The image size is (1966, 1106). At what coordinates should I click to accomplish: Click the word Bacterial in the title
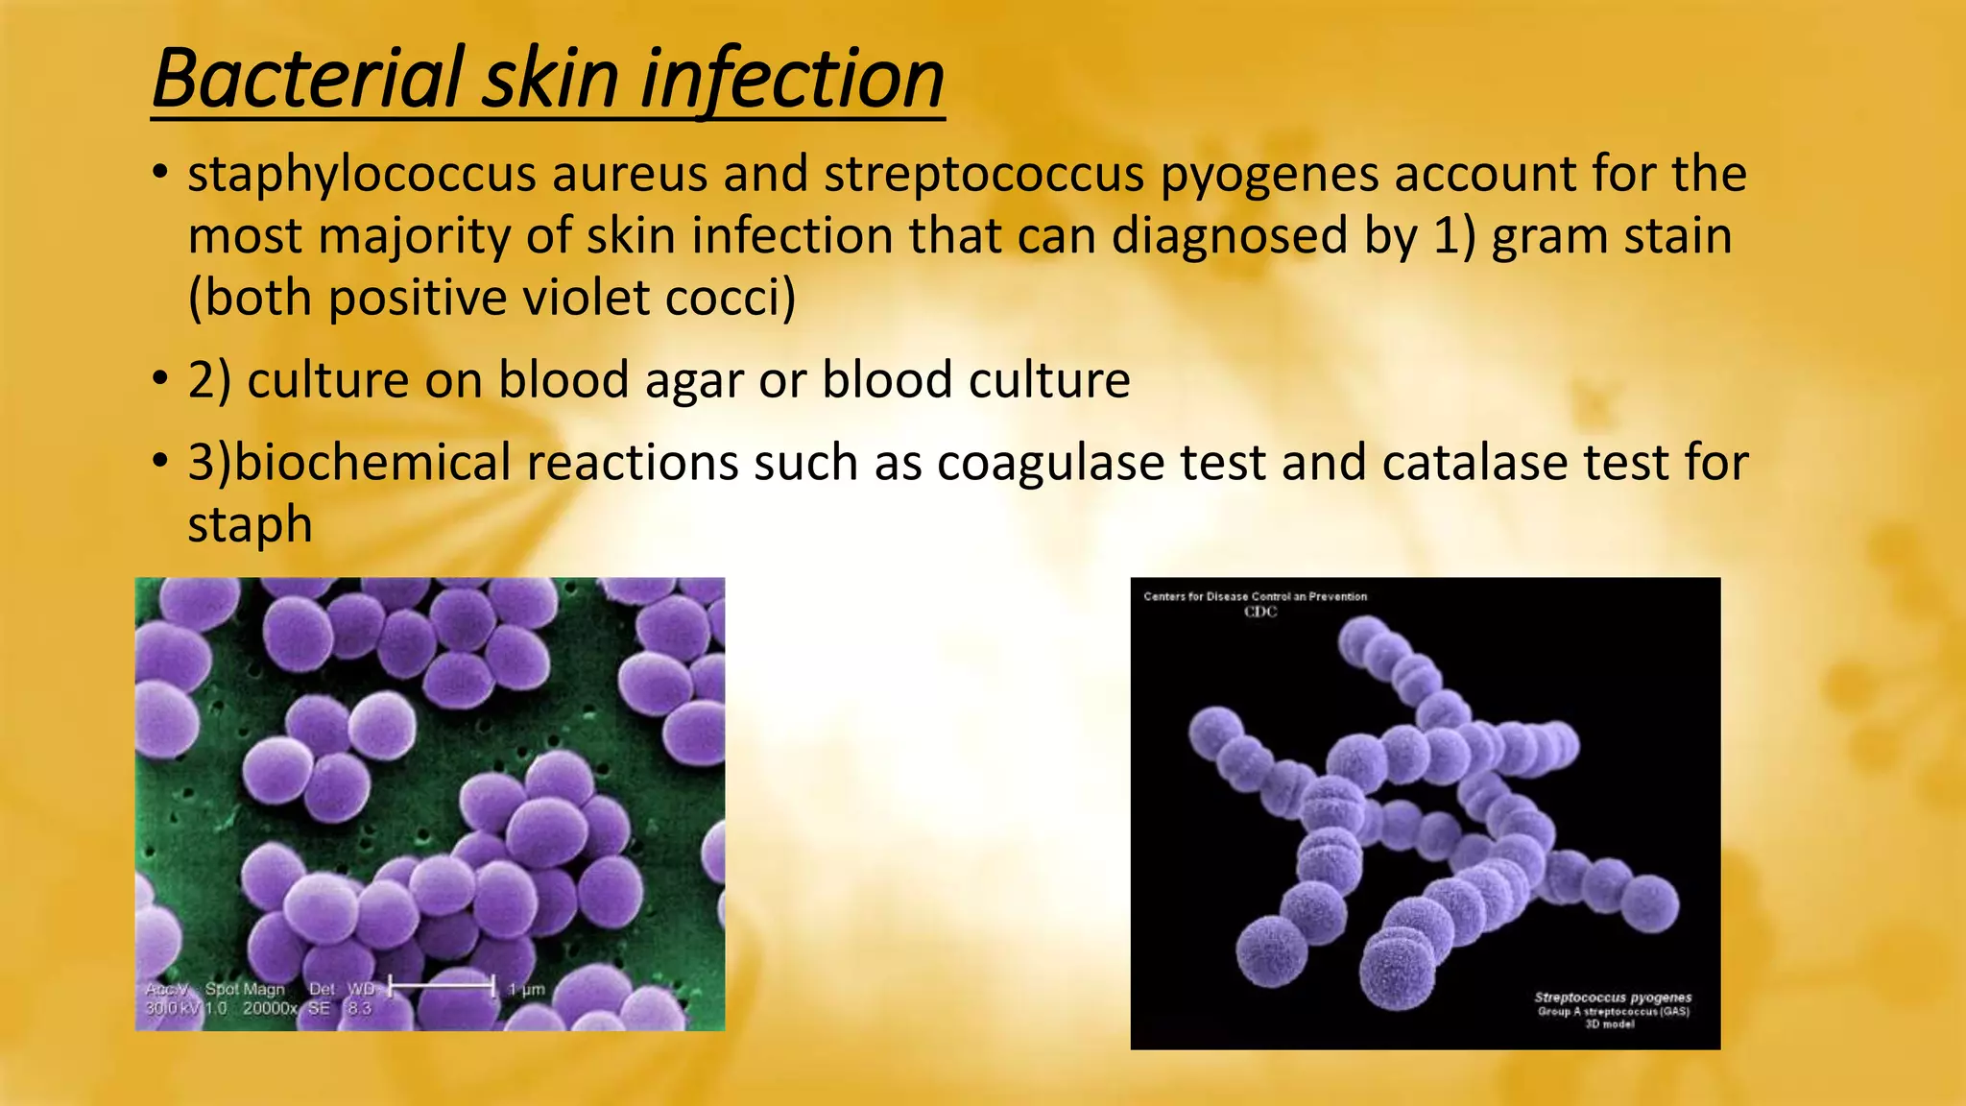click(307, 79)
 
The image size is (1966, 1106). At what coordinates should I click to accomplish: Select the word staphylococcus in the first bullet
click(362, 175)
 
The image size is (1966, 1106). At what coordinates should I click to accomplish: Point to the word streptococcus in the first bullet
click(984, 175)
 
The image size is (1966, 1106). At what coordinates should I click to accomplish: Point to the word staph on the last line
click(250, 526)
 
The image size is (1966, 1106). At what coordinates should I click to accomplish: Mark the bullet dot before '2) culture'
click(160, 379)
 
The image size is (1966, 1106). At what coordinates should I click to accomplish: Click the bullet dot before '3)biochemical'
click(160, 462)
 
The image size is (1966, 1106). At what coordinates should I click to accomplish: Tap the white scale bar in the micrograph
click(441, 985)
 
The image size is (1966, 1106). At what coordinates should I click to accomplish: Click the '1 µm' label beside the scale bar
click(526, 989)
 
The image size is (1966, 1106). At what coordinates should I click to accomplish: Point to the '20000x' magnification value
click(270, 1008)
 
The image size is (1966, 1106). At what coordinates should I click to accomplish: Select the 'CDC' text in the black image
click(1260, 612)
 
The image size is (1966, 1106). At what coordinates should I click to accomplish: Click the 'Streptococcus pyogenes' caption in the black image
click(1613, 998)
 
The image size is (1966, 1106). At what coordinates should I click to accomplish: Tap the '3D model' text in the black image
click(1610, 1024)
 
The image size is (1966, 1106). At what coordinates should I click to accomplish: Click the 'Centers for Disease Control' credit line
click(1255, 596)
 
